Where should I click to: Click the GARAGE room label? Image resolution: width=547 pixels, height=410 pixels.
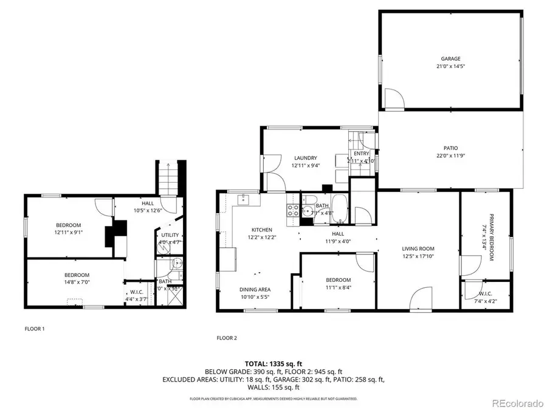[450, 59]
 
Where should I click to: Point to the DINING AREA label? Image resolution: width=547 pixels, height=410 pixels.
[255, 289]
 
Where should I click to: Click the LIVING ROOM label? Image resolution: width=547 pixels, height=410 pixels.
[418, 248]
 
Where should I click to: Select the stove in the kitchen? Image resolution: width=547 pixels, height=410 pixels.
[292, 211]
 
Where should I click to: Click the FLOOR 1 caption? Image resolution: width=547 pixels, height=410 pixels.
[35, 329]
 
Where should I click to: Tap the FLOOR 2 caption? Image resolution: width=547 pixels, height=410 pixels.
[227, 337]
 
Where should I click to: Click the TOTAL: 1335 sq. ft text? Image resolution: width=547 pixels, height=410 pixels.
[273, 364]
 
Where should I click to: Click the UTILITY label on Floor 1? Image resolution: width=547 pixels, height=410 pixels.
[169, 235]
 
